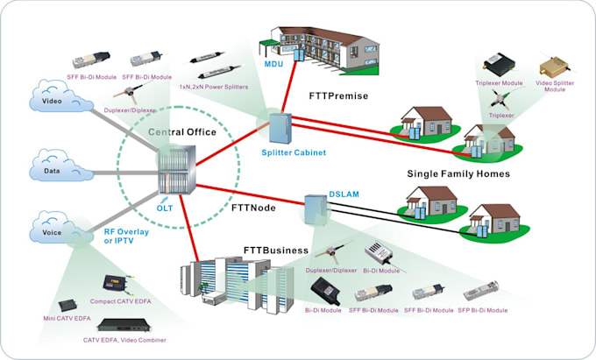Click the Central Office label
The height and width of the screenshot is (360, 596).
[181, 132]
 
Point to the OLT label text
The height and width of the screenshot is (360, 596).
[164, 208]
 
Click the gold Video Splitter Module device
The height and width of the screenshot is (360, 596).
[554, 67]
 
